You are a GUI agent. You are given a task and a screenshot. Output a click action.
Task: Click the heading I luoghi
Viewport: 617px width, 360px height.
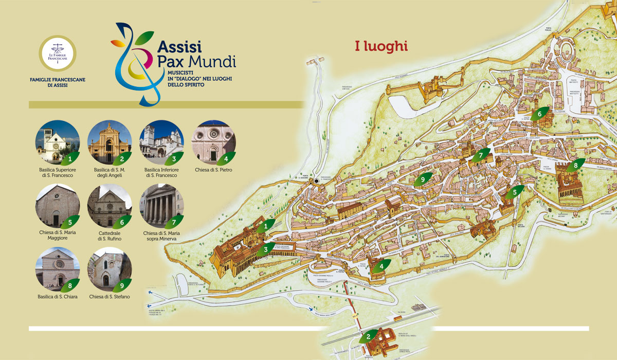(x=382, y=46)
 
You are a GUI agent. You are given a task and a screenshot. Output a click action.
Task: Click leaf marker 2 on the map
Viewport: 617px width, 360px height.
(x=368, y=337)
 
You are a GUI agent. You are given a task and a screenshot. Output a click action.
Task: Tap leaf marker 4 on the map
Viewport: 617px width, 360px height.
(x=381, y=266)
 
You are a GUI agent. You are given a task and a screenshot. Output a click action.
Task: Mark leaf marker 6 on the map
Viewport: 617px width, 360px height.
(x=539, y=114)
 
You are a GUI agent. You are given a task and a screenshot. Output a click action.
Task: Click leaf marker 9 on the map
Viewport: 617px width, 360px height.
(x=423, y=179)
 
